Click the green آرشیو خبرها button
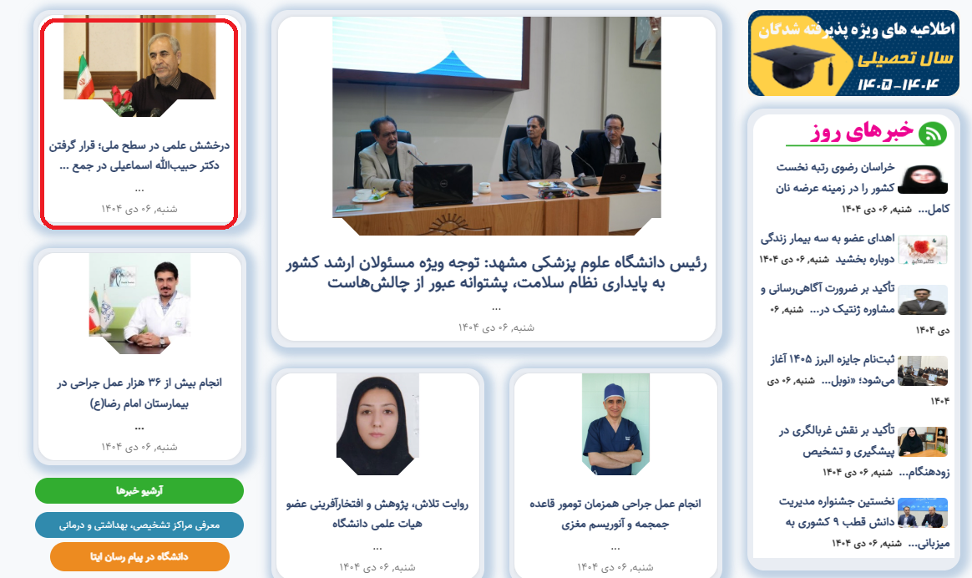139,490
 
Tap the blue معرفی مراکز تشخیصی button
139,525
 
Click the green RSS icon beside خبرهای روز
932,134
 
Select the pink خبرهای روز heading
862,131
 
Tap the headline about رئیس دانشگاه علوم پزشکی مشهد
496,273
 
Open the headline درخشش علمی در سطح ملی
139,155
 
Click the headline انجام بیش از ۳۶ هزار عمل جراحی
139,393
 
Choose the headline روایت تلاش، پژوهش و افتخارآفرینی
377,514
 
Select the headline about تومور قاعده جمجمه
615,514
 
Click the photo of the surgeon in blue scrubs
615,424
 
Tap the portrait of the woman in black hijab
377,424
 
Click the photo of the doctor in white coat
139,303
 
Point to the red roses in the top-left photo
122,99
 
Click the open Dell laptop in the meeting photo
443,185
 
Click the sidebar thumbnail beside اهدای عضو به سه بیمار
923,250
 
